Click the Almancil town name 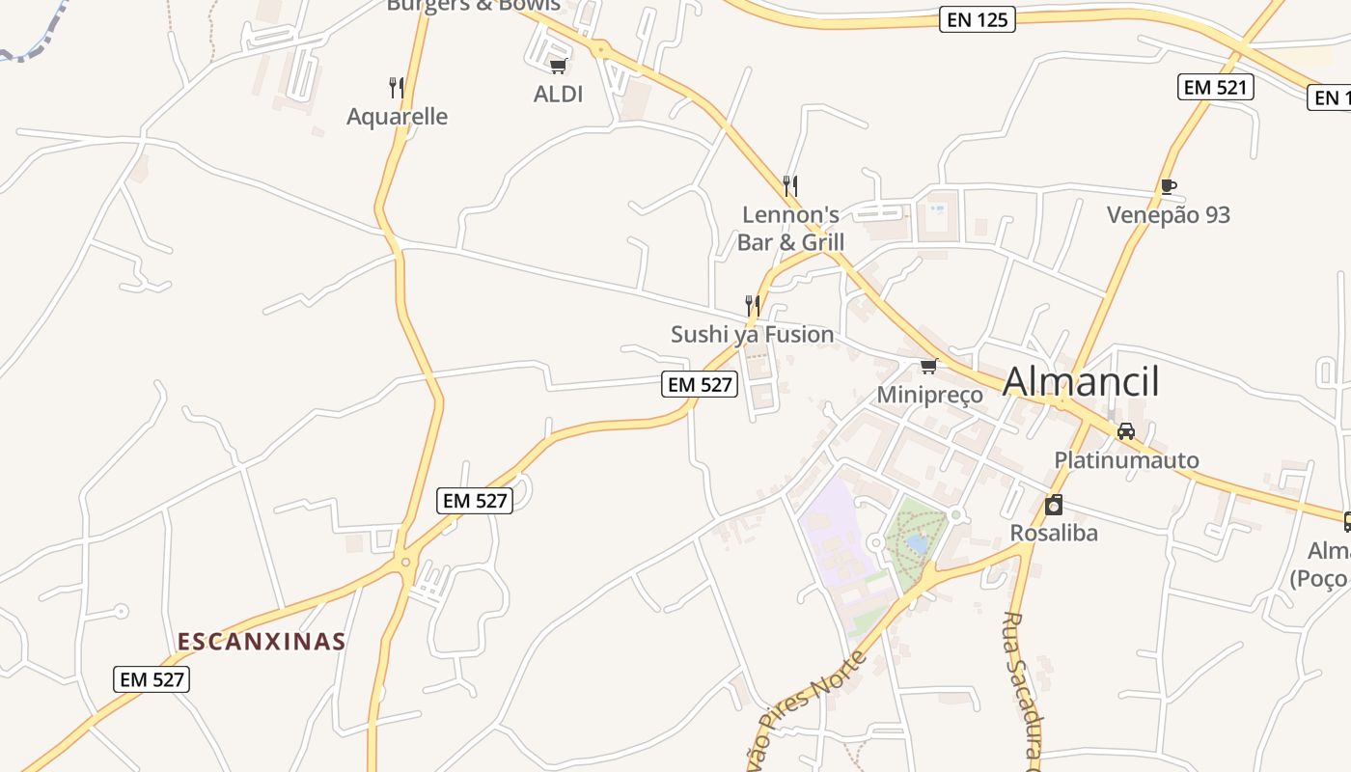[x=1081, y=382]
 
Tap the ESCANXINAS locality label [x=262, y=642]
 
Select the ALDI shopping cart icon [x=558, y=66]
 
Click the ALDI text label [x=559, y=94]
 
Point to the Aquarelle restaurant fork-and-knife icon [x=396, y=88]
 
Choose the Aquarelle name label [x=398, y=117]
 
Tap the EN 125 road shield [x=978, y=19]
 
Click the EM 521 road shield [x=1215, y=87]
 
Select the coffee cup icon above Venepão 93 [x=1168, y=186]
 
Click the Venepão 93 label [x=1169, y=215]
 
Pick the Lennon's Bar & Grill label [x=790, y=228]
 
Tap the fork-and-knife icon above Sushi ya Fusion [x=753, y=306]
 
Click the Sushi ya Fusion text [x=753, y=335]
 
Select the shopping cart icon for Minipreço [x=929, y=366]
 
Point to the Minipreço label [x=929, y=395]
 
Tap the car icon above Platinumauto [x=1126, y=431]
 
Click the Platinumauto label [x=1126, y=460]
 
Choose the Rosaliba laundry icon [x=1054, y=505]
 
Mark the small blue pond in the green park [x=917, y=545]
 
